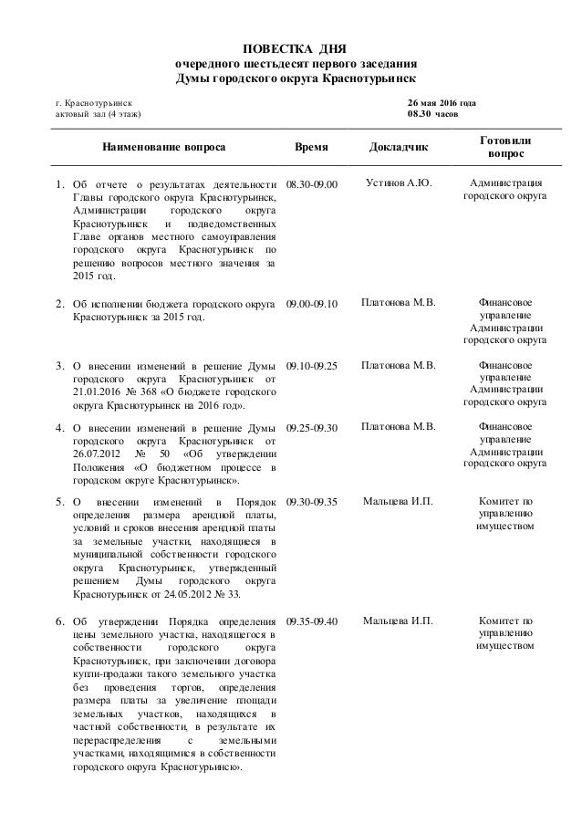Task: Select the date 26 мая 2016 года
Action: [441, 103]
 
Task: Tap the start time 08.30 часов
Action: [432, 115]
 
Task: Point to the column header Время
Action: [313, 146]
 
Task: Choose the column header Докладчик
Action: [399, 146]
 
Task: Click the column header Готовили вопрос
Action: [506, 146]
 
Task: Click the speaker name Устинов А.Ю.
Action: [399, 183]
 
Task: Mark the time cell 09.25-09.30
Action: [311, 427]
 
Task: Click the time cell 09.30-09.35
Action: [311, 502]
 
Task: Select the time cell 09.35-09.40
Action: [311, 621]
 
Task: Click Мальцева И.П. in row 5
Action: [399, 501]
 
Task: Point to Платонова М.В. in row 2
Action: [399, 302]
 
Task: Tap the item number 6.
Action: [59, 621]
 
